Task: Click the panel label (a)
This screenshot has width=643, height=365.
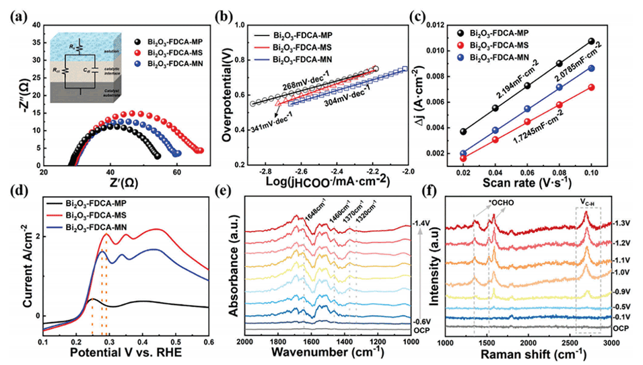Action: [x=15, y=11]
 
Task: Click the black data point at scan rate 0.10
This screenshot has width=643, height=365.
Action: [x=591, y=42]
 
